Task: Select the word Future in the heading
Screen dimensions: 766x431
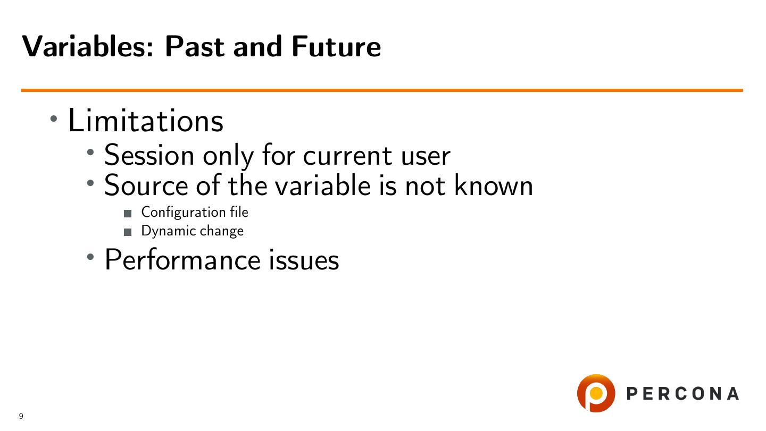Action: click(336, 46)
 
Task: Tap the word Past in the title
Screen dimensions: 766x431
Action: click(195, 46)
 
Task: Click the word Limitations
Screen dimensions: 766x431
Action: click(146, 120)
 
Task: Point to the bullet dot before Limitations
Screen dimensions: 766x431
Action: click(54, 119)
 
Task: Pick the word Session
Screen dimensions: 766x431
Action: click(149, 155)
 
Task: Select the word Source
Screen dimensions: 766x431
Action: click(146, 186)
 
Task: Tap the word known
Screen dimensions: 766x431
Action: click(494, 185)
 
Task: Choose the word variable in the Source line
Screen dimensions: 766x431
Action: click(323, 185)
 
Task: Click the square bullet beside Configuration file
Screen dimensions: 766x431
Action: click(128, 214)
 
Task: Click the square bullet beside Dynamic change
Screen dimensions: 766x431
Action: click(128, 232)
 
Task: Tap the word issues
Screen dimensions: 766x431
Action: click(304, 260)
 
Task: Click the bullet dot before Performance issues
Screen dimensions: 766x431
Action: click(90, 257)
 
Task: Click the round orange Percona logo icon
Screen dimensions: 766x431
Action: click(596, 393)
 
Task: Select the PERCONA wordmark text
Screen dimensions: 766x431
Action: click(682, 393)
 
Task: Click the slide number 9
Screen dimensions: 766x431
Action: click(21, 416)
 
